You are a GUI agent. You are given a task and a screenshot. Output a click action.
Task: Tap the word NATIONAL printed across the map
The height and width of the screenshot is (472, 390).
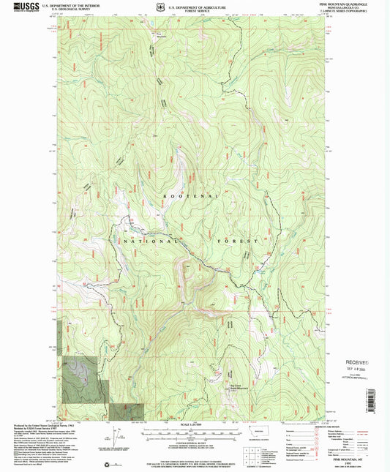pyautogui.click(x=151, y=240)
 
